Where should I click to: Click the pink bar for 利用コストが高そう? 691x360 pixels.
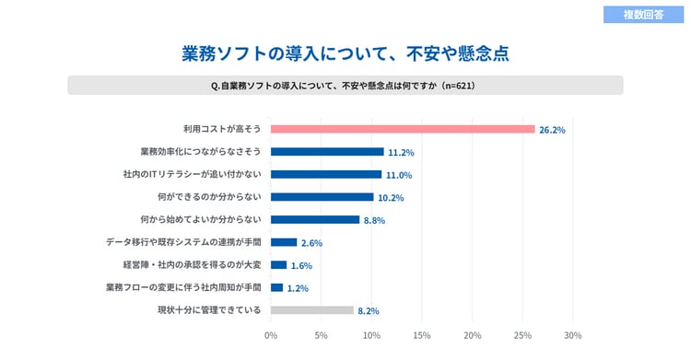coord(403,129)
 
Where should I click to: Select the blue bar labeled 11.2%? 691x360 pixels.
coord(327,152)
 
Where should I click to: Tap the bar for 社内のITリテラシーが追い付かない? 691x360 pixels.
coord(326,174)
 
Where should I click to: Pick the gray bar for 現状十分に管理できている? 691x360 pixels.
coord(312,310)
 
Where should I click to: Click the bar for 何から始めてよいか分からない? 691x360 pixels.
coord(315,219)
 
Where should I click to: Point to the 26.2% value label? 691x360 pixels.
coord(552,130)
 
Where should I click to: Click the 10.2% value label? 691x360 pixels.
coord(391,198)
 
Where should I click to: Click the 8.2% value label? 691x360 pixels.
coord(369,311)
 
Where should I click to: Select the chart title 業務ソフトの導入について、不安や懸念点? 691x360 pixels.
coord(345,53)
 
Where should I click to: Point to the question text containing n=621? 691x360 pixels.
coord(345,86)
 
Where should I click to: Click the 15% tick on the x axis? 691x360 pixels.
coord(422,335)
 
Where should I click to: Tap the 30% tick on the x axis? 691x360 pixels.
coord(572,335)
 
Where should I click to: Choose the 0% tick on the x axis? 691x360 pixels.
coord(271,335)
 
